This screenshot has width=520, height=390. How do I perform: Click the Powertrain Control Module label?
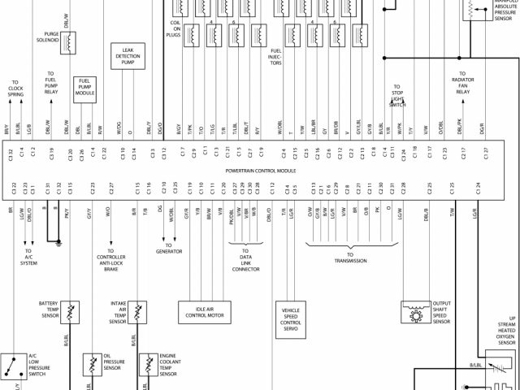click(260, 171)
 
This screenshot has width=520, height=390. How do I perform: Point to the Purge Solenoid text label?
click(45, 39)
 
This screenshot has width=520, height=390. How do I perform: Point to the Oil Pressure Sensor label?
click(113, 364)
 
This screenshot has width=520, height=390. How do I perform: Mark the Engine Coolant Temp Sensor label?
click(168, 365)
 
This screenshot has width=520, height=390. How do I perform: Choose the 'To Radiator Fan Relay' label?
click(462, 85)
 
